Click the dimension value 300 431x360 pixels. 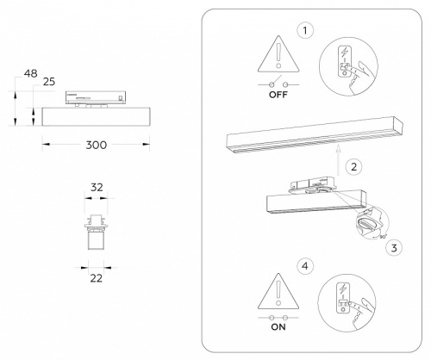[x=97, y=145]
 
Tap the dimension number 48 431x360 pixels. [x=30, y=75]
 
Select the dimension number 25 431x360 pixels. [x=49, y=81]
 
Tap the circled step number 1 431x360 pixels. [x=304, y=31]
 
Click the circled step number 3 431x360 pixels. [x=394, y=248]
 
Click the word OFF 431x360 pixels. [x=277, y=97]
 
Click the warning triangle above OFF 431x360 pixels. [x=277, y=55]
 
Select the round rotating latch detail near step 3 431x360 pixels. [x=367, y=225]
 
